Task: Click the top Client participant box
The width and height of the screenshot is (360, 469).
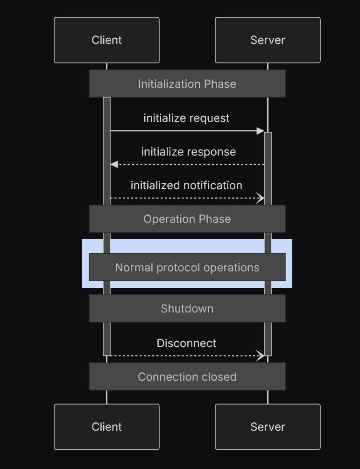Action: (106, 40)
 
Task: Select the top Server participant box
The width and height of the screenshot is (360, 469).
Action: (268, 40)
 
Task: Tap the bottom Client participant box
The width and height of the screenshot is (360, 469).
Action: (106, 426)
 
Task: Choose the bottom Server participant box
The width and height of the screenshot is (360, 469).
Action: (268, 426)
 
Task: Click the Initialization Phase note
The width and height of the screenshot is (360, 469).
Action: (187, 84)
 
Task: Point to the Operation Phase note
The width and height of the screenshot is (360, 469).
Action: (187, 219)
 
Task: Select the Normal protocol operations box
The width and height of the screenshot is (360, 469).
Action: (187, 267)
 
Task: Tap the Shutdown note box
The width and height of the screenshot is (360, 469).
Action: (187, 308)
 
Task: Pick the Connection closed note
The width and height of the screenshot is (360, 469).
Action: (187, 377)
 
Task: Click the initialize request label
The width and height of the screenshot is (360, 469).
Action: (186, 118)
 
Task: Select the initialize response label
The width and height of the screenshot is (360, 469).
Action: (188, 152)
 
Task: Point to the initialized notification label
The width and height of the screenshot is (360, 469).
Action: (186, 185)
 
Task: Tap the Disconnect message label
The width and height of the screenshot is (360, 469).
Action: (186, 343)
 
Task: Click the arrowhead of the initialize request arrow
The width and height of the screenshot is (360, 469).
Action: (261, 131)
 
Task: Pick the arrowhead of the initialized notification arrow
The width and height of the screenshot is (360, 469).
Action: (261, 198)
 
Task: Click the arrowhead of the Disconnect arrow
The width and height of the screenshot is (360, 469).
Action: (261, 355)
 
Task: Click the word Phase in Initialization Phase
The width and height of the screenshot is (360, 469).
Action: (221, 84)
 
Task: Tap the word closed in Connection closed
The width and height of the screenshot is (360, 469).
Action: (220, 377)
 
